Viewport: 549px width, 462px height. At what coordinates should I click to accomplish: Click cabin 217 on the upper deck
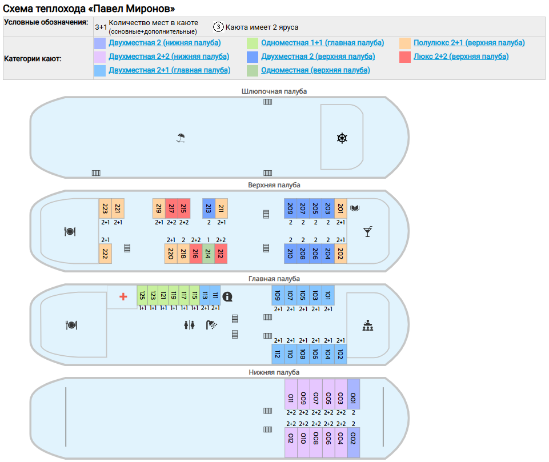(x=171, y=208)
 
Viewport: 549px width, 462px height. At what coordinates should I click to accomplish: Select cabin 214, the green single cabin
(x=208, y=254)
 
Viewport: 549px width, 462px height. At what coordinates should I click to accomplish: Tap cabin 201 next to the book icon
(x=340, y=208)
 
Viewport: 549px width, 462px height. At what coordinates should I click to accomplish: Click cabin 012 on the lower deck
(x=291, y=442)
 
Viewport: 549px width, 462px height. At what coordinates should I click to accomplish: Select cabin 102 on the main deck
(x=340, y=354)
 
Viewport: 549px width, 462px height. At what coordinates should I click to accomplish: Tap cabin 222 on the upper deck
(x=105, y=254)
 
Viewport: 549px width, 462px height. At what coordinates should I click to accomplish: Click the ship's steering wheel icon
(x=342, y=138)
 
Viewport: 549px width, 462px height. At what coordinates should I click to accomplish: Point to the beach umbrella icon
(x=181, y=138)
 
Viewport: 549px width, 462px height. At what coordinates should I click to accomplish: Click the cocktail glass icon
(x=368, y=231)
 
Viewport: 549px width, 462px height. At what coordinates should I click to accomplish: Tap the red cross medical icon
(x=123, y=296)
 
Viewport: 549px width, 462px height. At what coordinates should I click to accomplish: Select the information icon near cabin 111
(x=228, y=296)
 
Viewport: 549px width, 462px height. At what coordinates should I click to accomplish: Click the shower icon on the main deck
(x=212, y=325)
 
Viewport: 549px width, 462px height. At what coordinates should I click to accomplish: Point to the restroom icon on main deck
(x=190, y=325)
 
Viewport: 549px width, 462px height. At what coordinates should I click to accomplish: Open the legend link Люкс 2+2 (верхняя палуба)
(x=460, y=57)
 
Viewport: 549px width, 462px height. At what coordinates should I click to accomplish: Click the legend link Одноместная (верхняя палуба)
(x=315, y=70)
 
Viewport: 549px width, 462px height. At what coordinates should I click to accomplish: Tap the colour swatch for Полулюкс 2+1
(x=405, y=43)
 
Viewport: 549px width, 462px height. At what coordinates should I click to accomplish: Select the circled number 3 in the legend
(x=218, y=27)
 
